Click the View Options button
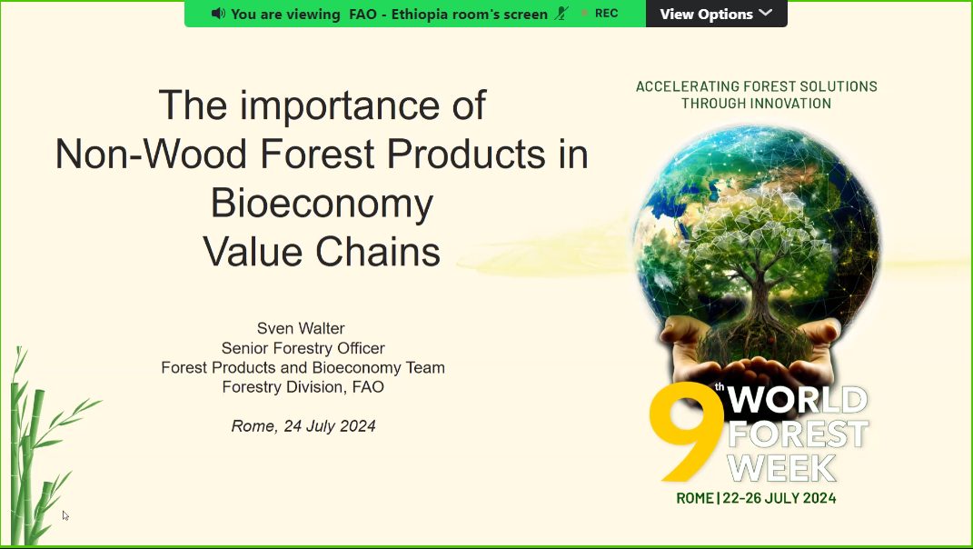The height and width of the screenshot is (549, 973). coord(716,14)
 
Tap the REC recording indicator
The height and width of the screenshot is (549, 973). coord(600,13)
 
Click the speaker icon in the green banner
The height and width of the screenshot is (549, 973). coord(218,13)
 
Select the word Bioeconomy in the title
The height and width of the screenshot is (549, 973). coord(322,203)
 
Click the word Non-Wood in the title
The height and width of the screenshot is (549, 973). coord(152,154)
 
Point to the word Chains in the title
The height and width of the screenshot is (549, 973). coord(378,252)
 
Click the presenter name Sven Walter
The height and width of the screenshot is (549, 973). coord(301,328)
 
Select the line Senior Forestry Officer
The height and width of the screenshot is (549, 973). coord(303,348)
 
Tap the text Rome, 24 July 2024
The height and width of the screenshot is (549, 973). coord(303,426)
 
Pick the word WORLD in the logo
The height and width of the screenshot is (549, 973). coord(798,399)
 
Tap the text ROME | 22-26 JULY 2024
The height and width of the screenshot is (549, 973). coord(756,498)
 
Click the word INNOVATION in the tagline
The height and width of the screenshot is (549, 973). coord(791,103)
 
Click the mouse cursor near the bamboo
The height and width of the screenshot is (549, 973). coord(65,515)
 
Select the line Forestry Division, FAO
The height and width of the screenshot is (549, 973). coord(303,387)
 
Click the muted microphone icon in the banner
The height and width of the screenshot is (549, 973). coord(561,13)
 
